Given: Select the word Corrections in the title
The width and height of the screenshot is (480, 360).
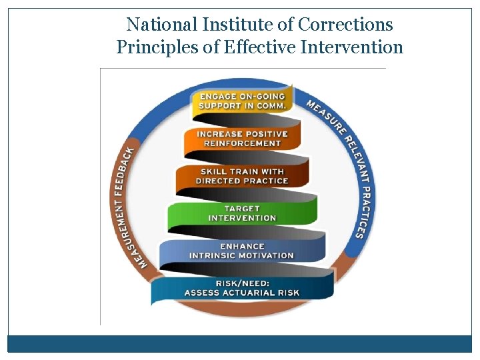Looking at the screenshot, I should tap(345, 25).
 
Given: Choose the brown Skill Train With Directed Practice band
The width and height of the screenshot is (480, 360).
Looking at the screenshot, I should tap(242, 177).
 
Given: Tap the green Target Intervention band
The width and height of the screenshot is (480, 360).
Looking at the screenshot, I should tap(242, 213).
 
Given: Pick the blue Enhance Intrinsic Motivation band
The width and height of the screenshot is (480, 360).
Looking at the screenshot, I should tap(241, 251).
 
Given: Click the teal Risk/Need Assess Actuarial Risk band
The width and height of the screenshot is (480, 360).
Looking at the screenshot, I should tap(241, 288).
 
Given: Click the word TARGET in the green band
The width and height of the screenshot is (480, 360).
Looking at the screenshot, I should tap(242, 209).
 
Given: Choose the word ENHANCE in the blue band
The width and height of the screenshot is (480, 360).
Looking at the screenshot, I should tap(242, 247).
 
